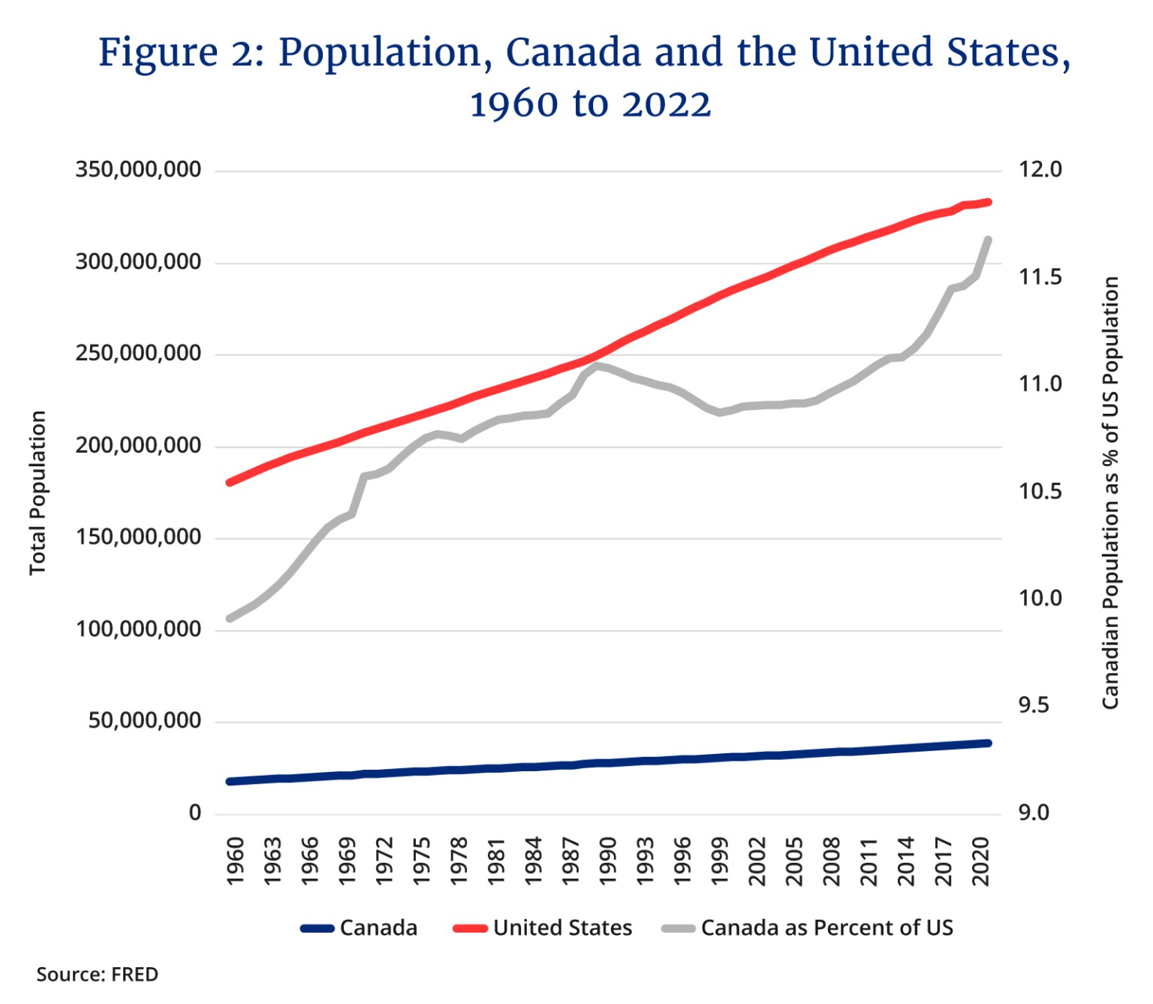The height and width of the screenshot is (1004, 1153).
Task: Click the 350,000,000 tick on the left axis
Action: pos(138,170)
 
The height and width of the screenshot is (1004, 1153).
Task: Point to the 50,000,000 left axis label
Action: pos(144,721)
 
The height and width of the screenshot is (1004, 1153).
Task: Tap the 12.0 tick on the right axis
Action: pos(1040,170)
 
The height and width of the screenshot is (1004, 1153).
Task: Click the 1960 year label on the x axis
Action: pos(235,861)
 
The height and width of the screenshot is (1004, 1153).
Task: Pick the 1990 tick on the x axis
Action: pos(608,861)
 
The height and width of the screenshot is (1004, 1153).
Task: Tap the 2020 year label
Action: pos(981,861)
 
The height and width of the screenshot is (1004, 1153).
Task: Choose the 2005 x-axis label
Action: pos(794,861)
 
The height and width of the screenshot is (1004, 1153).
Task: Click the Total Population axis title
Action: pos(38,493)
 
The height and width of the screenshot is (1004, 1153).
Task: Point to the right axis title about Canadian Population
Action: pos(1110,493)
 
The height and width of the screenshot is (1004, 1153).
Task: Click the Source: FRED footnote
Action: pos(98,975)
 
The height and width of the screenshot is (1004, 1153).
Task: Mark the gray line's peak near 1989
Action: pos(596,366)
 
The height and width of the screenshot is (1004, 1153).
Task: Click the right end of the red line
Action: pos(989,202)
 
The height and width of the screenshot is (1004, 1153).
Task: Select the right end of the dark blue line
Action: pos(989,743)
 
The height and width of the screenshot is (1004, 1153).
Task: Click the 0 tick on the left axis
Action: pos(195,813)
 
